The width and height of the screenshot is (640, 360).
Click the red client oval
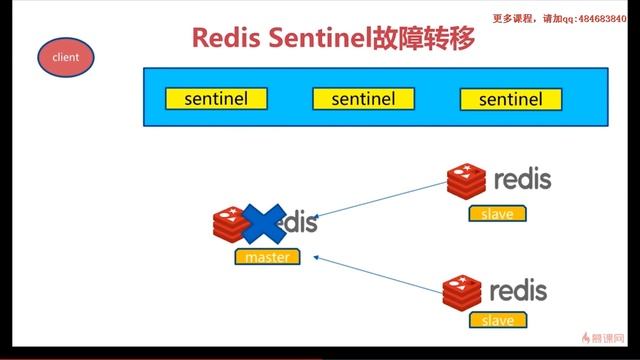(x=65, y=57)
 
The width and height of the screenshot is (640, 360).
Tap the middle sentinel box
(x=363, y=98)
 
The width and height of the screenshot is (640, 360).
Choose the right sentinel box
(x=510, y=98)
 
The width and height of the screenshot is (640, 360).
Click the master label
(x=267, y=257)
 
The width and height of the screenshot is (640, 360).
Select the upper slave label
(x=497, y=214)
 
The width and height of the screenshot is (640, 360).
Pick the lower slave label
(x=497, y=320)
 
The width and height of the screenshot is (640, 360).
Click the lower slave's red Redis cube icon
(x=463, y=290)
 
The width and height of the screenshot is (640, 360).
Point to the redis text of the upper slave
(x=521, y=181)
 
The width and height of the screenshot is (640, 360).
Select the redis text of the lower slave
(x=518, y=290)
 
